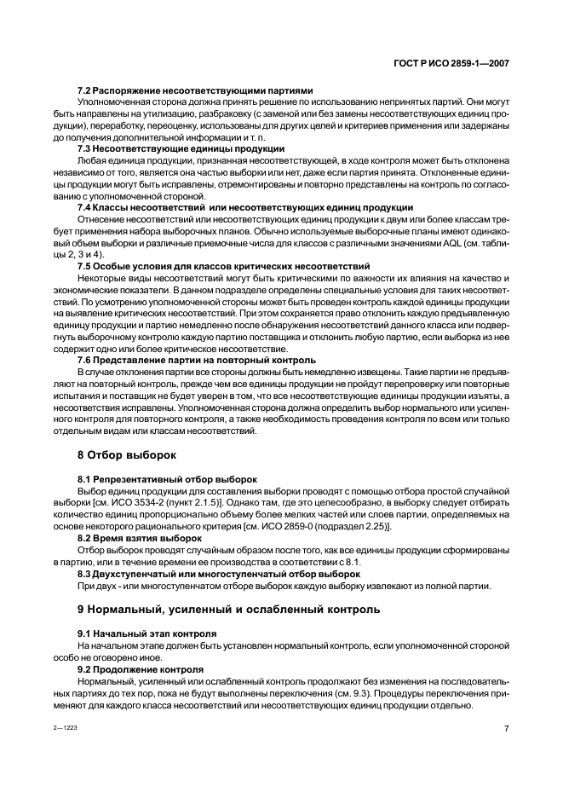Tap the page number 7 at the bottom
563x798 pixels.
pyautogui.click(x=506, y=728)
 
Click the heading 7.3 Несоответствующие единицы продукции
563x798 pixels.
pyautogui.click(x=181, y=148)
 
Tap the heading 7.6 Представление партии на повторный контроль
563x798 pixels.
pyautogui.click(x=197, y=360)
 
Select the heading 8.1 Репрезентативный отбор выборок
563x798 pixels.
pyautogui.click(x=167, y=480)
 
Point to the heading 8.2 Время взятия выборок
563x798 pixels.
pyautogui.click(x=140, y=538)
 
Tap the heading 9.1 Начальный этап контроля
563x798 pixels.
pyautogui.click(x=146, y=633)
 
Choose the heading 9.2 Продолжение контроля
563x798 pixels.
pyautogui.click(x=141, y=669)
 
